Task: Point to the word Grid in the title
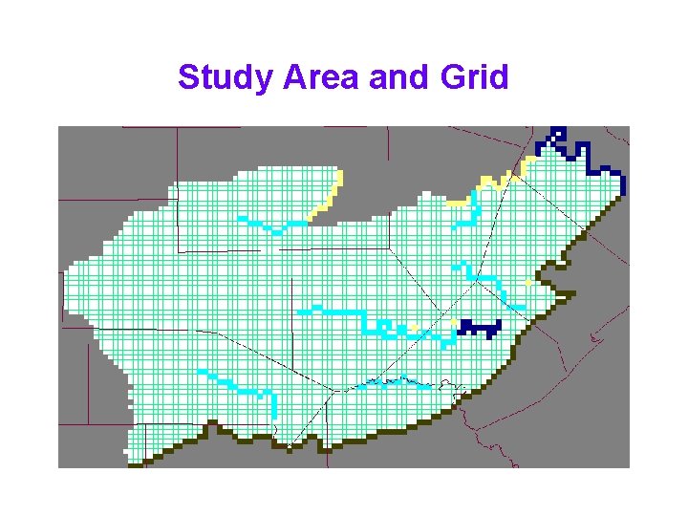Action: point(475,77)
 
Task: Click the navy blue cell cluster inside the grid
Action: point(479,328)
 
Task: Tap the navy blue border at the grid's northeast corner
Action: point(583,153)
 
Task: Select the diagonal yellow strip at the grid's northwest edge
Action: point(330,196)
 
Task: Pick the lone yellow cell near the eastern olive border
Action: point(528,284)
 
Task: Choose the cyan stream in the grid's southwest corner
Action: point(239,387)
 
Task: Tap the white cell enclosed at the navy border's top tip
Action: point(559,135)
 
